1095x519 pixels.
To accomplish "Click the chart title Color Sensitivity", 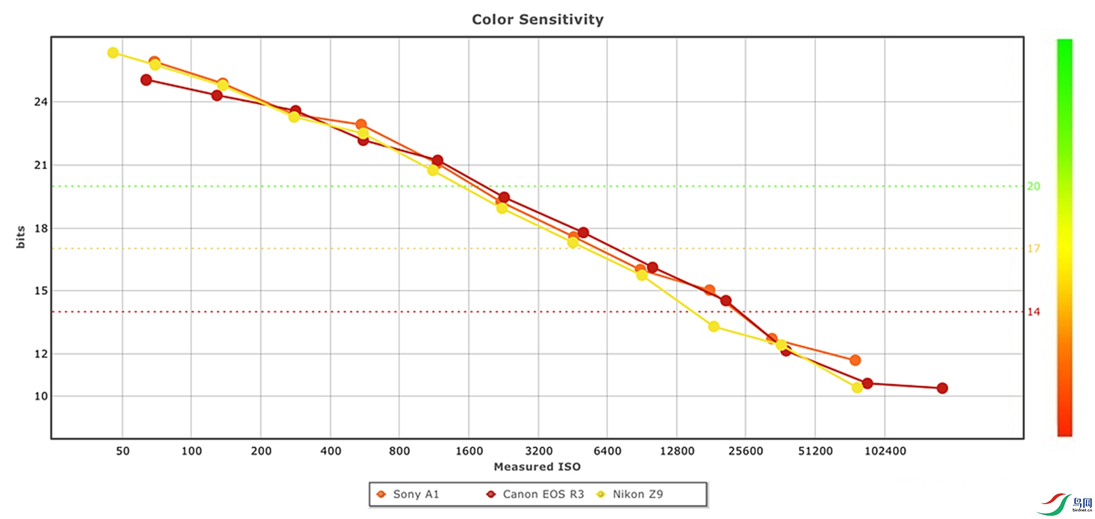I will [537, 19].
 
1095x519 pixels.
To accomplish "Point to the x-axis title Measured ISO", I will [537, 467].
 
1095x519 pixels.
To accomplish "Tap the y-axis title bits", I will [21, 237].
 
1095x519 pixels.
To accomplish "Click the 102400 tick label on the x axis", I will [885, 451].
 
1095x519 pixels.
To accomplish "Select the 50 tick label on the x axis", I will [123, 451].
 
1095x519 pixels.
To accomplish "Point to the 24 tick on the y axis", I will [41, 102].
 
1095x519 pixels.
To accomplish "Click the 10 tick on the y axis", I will [41, 396].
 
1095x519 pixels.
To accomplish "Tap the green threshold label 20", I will [1033, 186].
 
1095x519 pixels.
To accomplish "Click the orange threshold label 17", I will [1033, 249].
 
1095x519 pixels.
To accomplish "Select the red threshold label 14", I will [1033, 312].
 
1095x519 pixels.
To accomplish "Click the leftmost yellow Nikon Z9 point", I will [113, 53].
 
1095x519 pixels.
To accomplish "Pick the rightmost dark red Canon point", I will [942, 388].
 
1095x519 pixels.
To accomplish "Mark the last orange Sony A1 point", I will [855, 360].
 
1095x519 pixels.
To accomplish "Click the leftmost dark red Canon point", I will [146, 80].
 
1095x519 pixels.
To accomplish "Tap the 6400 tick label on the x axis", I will [607, 451].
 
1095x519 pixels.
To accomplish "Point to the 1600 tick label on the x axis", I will [469, 451].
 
